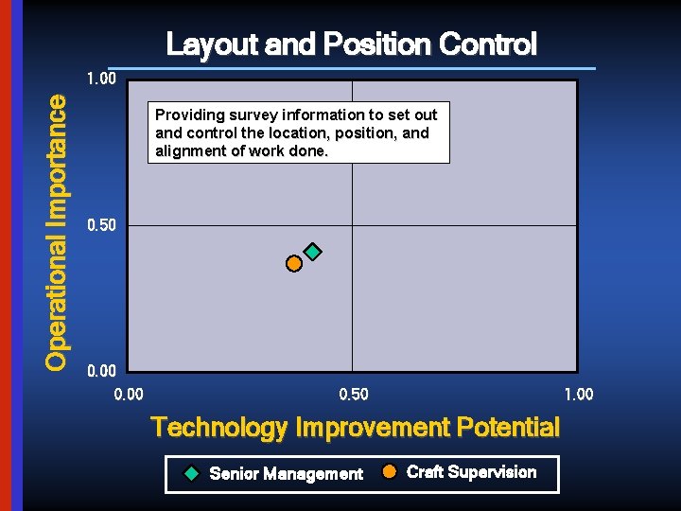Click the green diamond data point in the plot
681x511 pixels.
[x=313, y=252]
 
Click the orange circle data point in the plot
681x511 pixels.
[x=294, y=263]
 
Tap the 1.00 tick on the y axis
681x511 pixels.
[x=101, y=79]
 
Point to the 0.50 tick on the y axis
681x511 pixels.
[x=101, y=225]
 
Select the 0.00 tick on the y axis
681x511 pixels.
[x=101, y=372]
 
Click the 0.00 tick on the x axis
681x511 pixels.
[x=129, y=394]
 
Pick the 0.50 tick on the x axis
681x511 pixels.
[x=354, y=394]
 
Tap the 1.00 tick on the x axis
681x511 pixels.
[x=578, y=394]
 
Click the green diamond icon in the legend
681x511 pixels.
[x=191, y=473]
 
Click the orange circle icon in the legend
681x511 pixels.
[x=389, y=472]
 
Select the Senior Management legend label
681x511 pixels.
[x=286, y=473]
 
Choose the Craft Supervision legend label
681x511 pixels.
[x=471, y=472]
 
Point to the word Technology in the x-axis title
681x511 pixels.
[x=219, y=428]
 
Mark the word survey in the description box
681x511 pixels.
[x=253, y=115]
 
